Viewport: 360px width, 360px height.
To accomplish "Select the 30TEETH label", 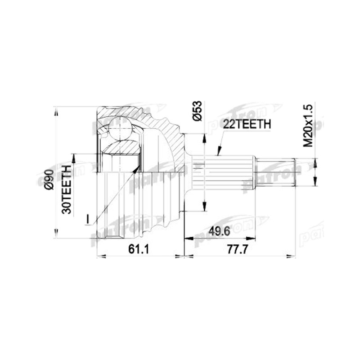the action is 67,189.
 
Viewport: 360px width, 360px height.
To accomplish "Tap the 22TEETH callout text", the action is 247,124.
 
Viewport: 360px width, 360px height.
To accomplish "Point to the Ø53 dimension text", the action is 197,111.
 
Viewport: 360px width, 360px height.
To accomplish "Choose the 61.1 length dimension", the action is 139,249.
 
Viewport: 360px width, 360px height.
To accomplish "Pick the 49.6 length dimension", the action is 219,231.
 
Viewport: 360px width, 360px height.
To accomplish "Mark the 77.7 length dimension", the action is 238,249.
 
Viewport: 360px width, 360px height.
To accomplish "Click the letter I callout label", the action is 87,219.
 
